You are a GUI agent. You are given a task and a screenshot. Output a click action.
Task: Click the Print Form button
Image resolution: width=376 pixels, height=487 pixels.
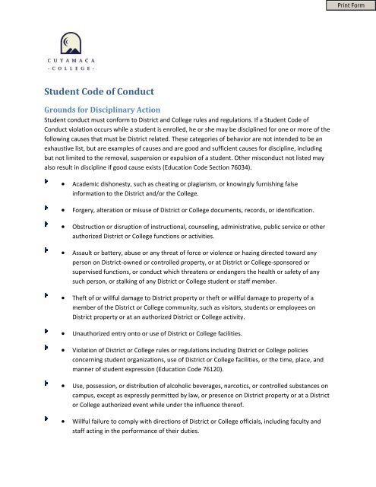pyautogui.click(x=349, y=7)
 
